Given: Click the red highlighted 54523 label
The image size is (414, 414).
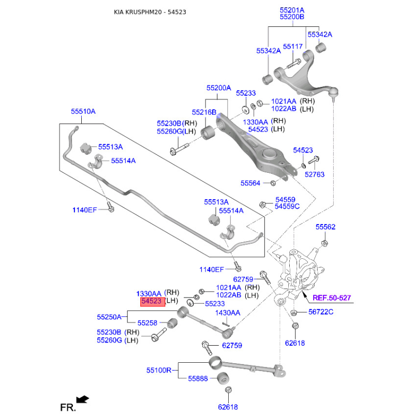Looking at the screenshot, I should pyautogui.click(x=151, y=301).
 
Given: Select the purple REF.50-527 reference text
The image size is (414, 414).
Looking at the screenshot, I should pyautogui.click(x=331, y=298).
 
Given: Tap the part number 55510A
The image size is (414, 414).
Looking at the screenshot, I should pyautogui.click(x=83, y=111).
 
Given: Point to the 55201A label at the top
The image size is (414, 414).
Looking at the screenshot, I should pyautogui.click(x=292, y=10).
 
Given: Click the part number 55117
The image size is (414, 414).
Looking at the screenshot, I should pyautogui.click(x=292, y=47).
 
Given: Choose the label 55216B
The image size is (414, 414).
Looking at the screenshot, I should pyautogui.click(x=204, y=112).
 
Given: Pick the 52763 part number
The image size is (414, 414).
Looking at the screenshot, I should pyautogui.click(x=314, y=174).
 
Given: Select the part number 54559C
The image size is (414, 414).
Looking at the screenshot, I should pyautogui.click(x=287, y=206).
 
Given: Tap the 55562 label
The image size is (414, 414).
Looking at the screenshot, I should pyautogui.click(x=326, y=227).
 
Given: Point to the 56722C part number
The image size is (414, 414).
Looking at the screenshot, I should pyautogui.click(x=321, y=312).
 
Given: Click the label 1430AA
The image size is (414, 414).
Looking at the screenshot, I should pyautogui.click(x=228, y=313).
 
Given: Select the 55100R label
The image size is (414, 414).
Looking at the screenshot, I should pyautogui.click(x=158, y=370).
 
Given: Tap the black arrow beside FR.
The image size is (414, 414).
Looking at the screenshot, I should pyautogui.click(x=82, y=399).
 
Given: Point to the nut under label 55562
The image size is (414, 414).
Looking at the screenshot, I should pyautogui.click(x=324, y=243).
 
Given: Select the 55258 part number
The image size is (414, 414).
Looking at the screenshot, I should pyautogui.click(x=147, y=323).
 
